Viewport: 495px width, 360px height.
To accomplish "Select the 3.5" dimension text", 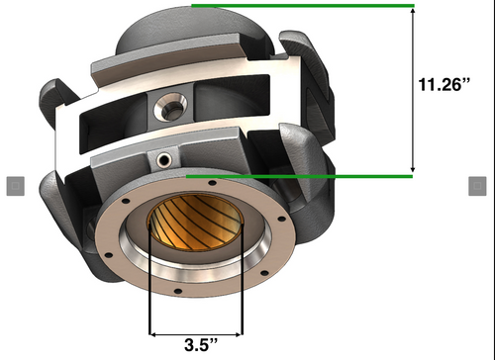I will point(195,345).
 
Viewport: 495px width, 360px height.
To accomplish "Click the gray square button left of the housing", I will point(15,185).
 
